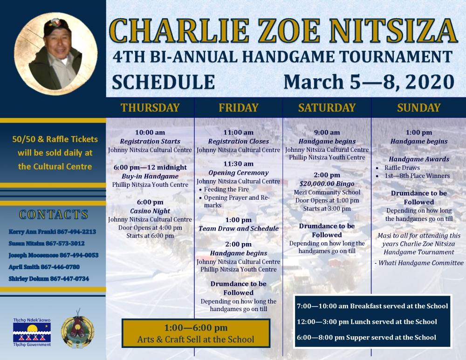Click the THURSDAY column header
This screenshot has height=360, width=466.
coord(150,108)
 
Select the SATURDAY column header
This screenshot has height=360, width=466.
coord(327,108)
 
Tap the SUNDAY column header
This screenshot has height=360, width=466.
coord(419,108)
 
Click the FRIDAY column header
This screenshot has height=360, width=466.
coord(238,108)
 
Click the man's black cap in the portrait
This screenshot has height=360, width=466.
coord(56,27)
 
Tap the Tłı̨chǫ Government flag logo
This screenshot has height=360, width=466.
coord(32,332)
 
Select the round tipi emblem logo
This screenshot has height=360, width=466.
coord(77,328)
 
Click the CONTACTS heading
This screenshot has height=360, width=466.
coord(54,214)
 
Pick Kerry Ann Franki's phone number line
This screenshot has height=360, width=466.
coord(52,231)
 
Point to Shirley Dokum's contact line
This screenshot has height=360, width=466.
coord(49,278)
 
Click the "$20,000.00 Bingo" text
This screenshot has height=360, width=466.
coord(327,184)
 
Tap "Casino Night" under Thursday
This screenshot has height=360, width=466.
coord(150,211)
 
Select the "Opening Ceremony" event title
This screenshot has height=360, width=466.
coord(238,173)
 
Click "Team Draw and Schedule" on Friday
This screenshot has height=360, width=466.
coord(238,228)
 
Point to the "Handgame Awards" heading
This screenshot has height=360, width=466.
coord(419,159)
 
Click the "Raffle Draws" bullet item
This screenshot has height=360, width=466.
coord(402,168)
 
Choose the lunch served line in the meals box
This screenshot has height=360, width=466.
coord(367,322)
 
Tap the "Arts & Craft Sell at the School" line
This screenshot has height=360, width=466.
coord(196,339)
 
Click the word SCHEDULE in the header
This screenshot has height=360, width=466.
coord(164,82)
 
